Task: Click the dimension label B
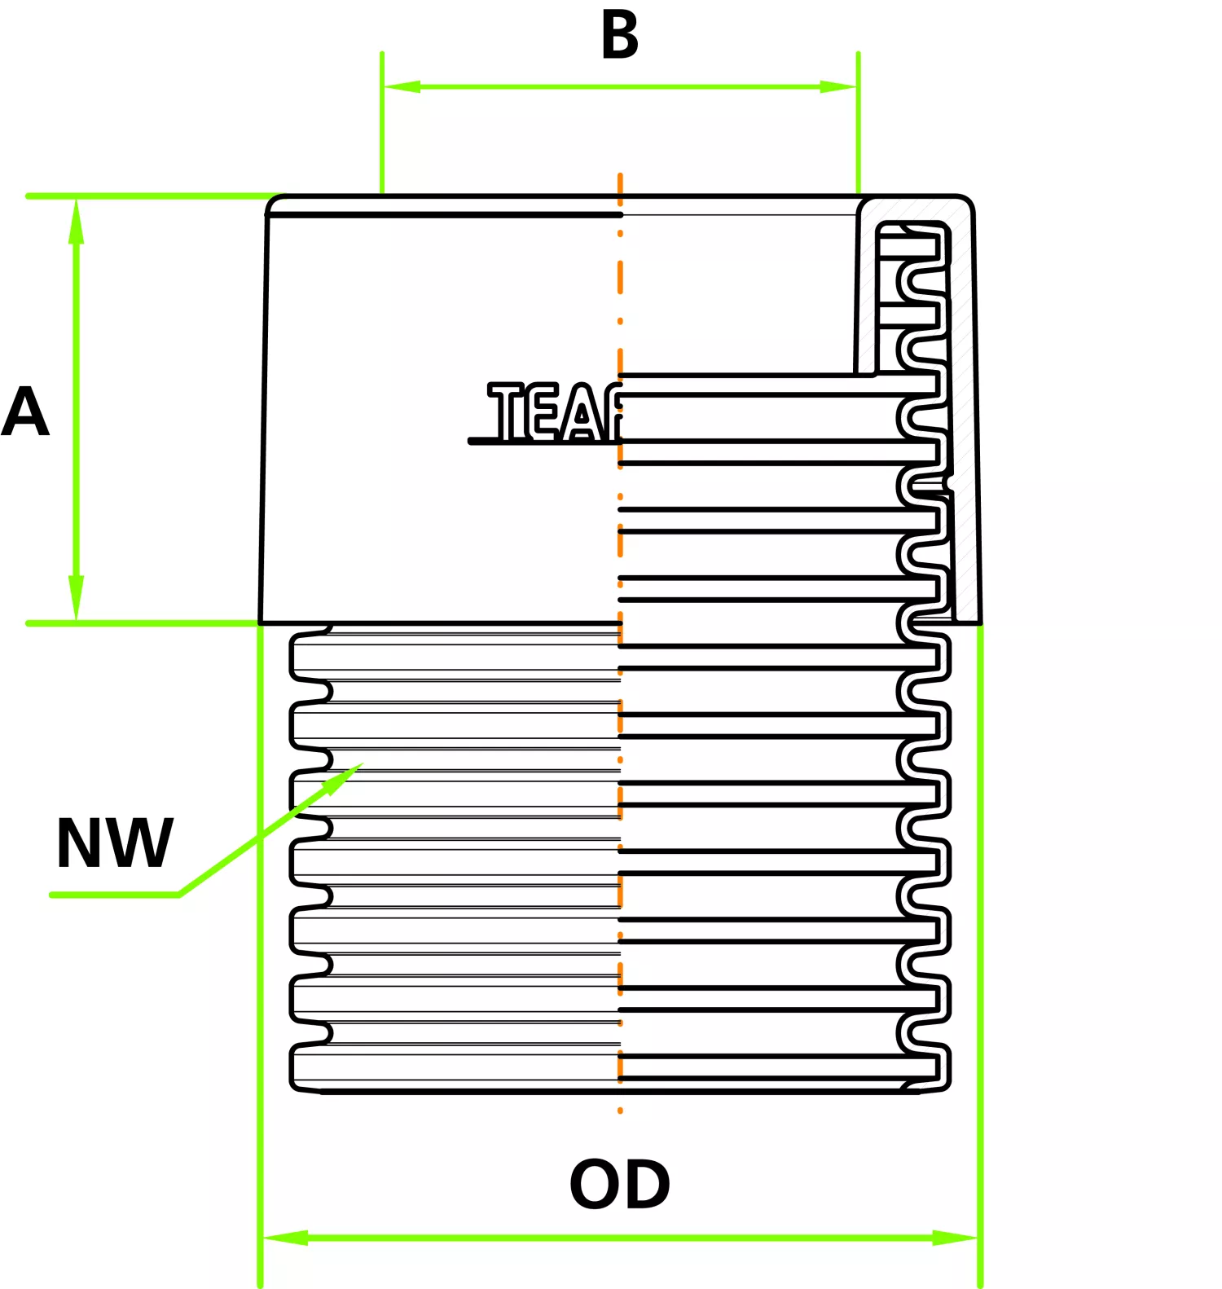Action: tap(620, 37)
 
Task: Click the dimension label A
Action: tap(24, 412)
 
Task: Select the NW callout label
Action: tap(114, 843)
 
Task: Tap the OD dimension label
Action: tap(619, 1185)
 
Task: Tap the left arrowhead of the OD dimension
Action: tap(285, 1238)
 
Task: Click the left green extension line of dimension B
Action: tap(382, 122)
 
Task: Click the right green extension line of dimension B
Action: tap(858, 122)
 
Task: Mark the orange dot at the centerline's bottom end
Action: tap(620, 1111)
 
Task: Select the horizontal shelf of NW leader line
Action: tap(114, 895)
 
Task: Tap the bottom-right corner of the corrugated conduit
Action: tap(945, 1087)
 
